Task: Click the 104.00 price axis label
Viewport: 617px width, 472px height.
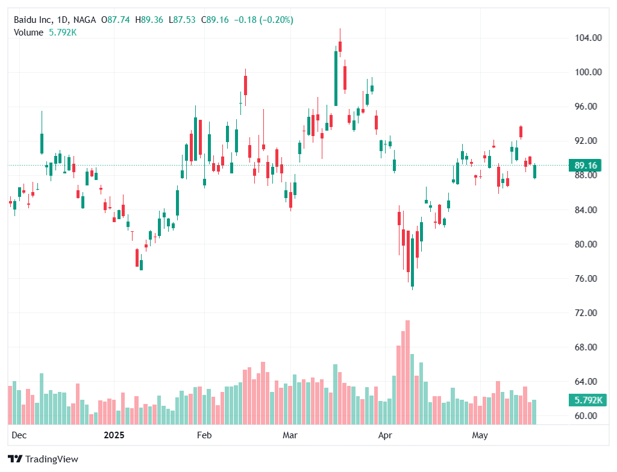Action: click(589, 37)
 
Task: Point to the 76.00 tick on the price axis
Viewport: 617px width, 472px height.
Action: click(589, 279)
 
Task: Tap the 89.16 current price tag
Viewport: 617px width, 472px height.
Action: click(586, 165)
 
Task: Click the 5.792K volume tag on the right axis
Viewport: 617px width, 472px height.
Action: click(586, 400)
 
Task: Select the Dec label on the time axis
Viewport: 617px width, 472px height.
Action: click(19, 435)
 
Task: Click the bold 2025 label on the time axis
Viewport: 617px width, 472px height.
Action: click(113, 435)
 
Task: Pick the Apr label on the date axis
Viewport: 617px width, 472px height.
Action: click(384, 435)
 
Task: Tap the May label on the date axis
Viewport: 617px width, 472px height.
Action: click(480, 435)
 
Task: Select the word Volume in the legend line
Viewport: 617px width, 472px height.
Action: click(28, 32)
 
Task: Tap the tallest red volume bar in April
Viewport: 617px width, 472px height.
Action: click(408, 372)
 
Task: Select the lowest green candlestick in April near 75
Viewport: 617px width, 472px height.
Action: click(413, 262)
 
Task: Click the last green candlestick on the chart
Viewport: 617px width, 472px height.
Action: click(535, 171)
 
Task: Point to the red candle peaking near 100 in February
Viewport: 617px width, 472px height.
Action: click(246, 85)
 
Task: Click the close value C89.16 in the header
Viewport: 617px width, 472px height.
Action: click(218, 20)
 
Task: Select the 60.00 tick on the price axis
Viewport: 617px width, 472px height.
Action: click(589, 416)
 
